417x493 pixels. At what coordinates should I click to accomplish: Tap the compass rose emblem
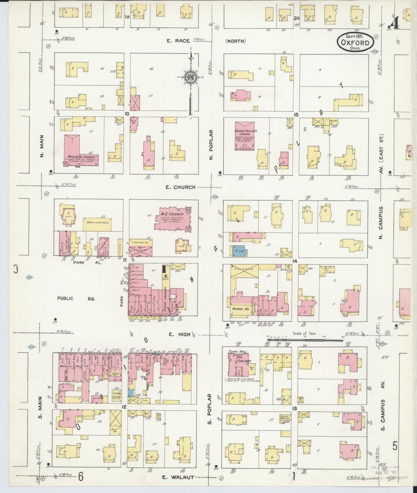click(x=191, y=77)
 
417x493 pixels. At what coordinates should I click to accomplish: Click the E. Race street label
click(x=178, y=41)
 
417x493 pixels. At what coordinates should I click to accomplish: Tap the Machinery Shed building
click(x=98, y=225)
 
